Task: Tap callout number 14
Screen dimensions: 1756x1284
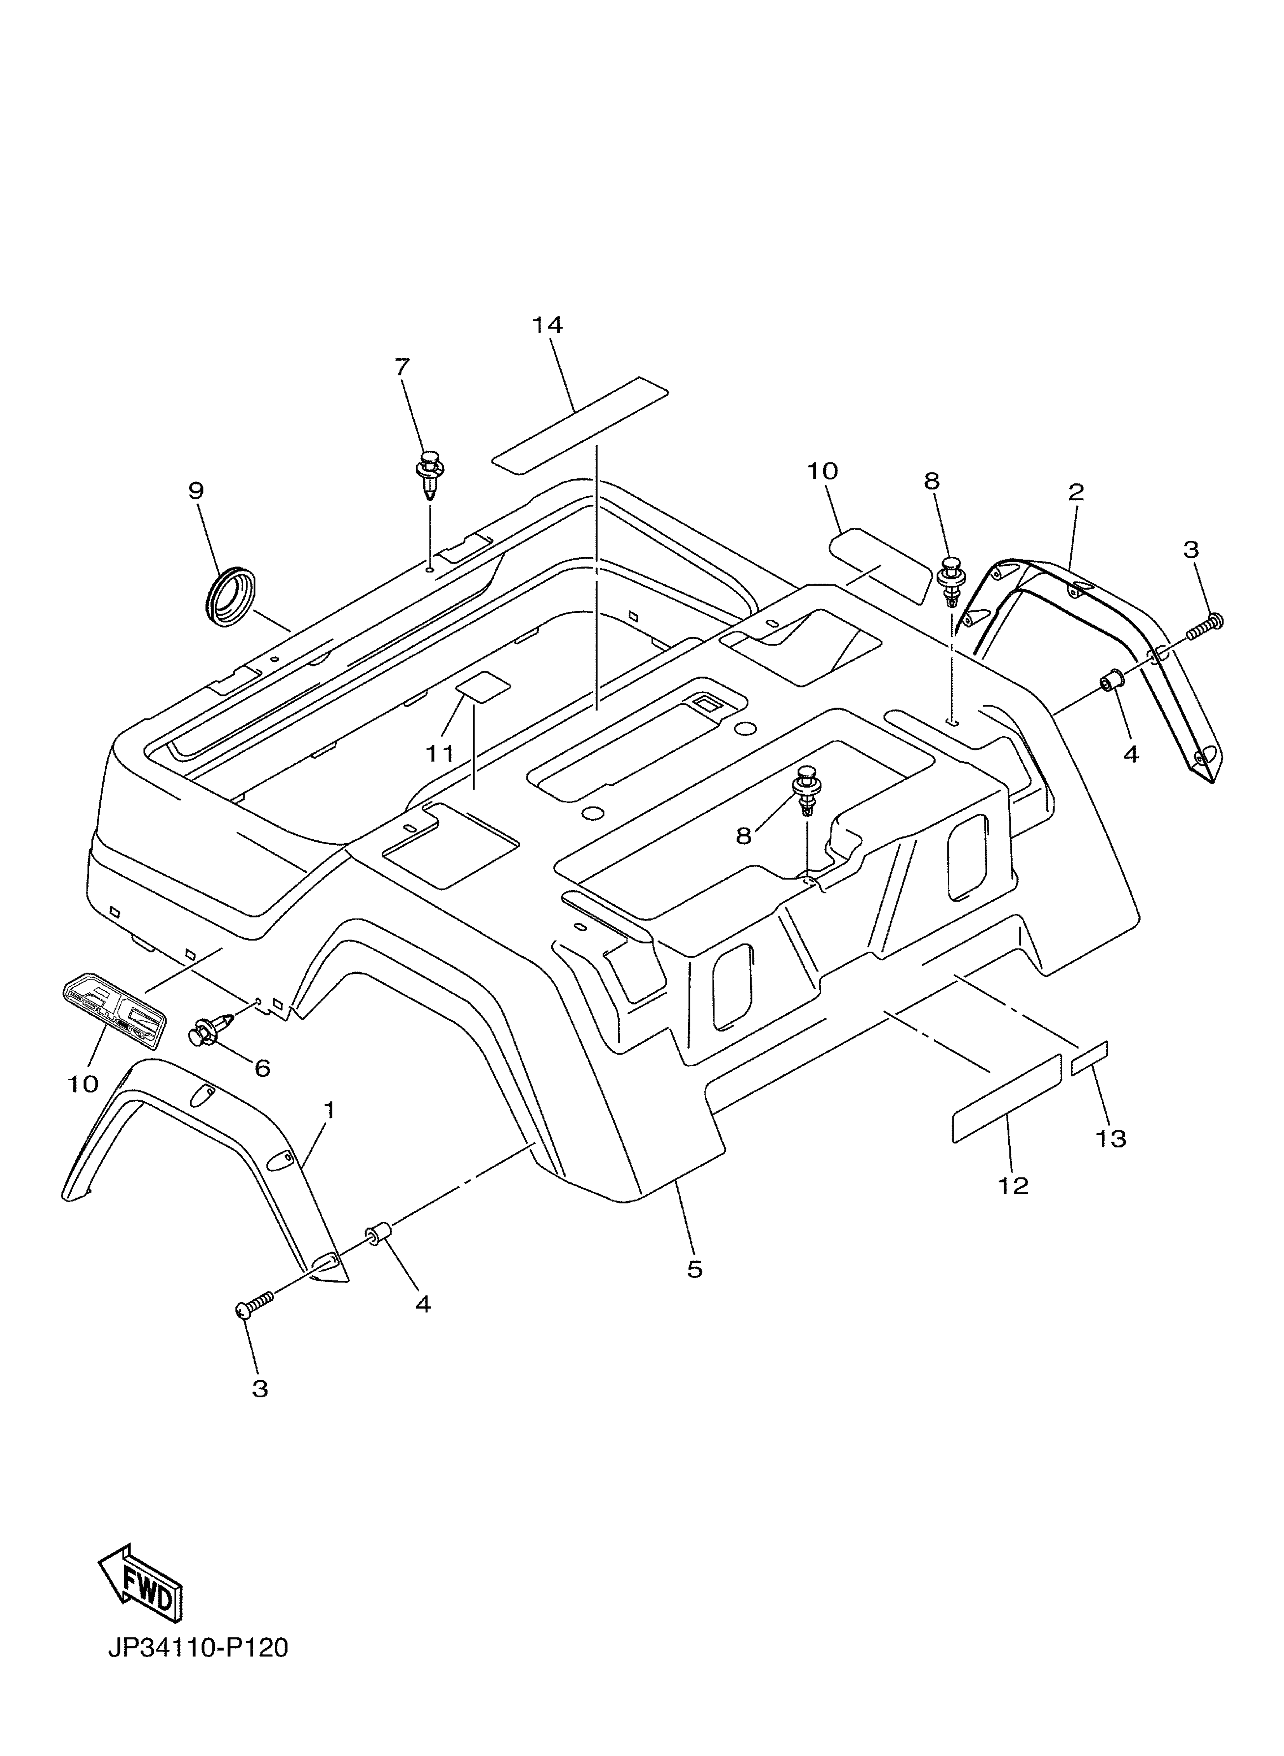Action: coord(547,325)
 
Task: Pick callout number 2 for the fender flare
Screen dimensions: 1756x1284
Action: coord(1076,492)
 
